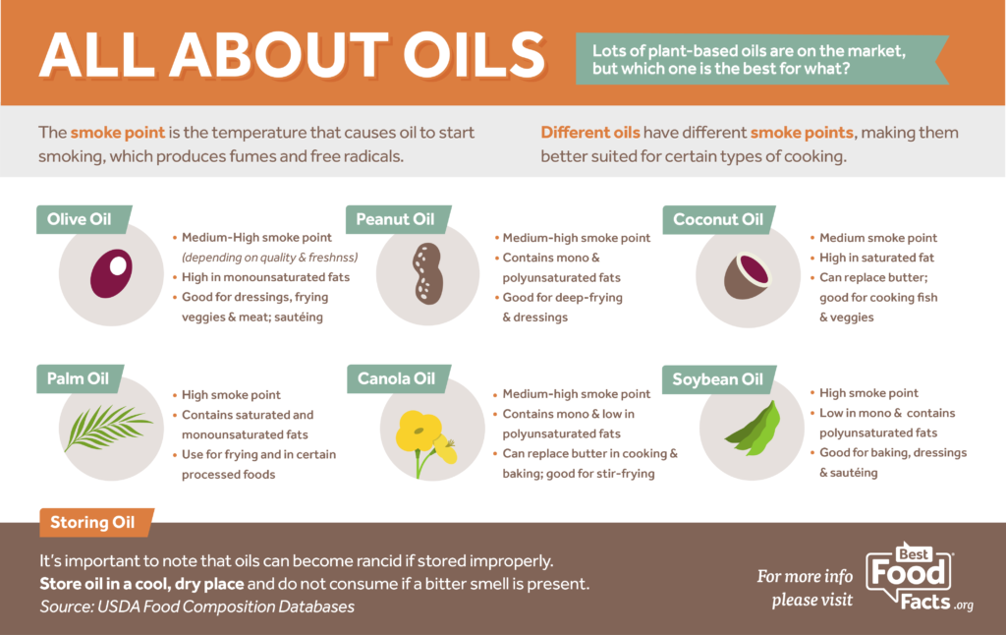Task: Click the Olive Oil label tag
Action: point(80,219)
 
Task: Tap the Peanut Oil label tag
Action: point(395,219)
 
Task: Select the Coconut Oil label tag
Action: point(717,219)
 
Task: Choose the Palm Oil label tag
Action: point(78,377)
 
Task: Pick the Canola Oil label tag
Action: point(396,377)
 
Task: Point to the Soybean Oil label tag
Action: point(717,378)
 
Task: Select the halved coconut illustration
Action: point(745,274)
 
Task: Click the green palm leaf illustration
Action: point(107,429)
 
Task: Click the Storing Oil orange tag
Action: point(93,522)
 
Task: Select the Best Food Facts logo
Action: point(919,577)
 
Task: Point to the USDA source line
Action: point(196,607)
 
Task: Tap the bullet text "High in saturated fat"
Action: point(877,257)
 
